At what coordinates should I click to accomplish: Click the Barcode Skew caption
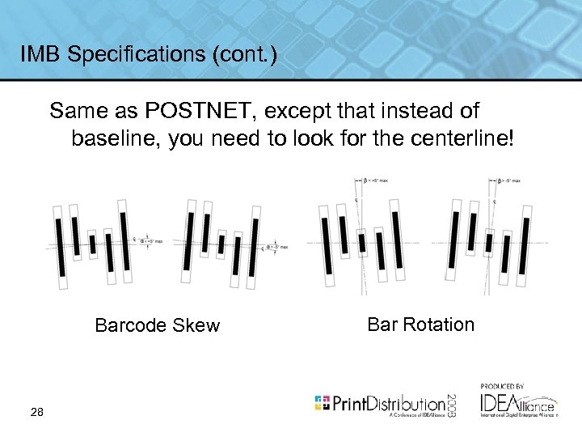click(157, 325)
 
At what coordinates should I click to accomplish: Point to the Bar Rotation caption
click(420, 325)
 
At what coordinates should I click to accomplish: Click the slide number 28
click(36, 413)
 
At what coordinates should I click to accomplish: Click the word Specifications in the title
click(129, 54)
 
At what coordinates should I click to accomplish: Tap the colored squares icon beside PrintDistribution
click(323, 402)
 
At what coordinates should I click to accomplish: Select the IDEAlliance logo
click(517, 403)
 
